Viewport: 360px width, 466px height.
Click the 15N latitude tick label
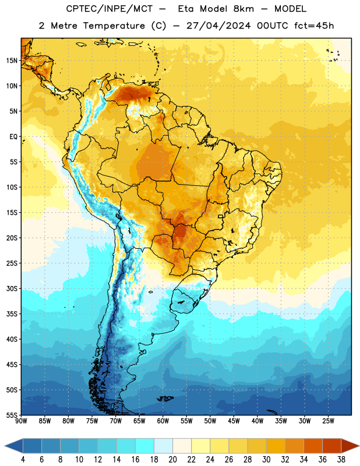click(x=12, y=61)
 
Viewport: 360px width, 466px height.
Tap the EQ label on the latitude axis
click(x=13, y=137)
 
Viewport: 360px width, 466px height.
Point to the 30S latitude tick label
click(x=12, y=288)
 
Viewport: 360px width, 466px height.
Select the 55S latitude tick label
click(x=12, y=415)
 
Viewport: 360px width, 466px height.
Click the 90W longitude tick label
click(x=21, y=421)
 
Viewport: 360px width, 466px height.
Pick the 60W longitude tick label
click(x=163, y=421)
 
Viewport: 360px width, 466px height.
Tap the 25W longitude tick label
click(x=328, y=421)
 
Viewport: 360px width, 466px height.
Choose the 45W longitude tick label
click(x=234, y=421)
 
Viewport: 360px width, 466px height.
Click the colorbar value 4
click(x=23, y=460)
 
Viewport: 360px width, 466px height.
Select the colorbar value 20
click(x=172, y=460)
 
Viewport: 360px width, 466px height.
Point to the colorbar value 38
click(x=341, y=460)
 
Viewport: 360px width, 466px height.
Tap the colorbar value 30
click(x=266, y=460)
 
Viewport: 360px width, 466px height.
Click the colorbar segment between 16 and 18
click(x=145, y=446)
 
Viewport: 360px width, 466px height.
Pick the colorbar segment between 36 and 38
click(x=332, y=446)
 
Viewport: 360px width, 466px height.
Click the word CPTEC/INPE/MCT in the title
click(x=109, y=9)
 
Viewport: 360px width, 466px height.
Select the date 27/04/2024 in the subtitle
click(x=218, y=26)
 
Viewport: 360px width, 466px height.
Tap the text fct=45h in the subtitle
click(x=314, y=26)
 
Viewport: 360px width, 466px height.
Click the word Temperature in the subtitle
click(x=114, y=26)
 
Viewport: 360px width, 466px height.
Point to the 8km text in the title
click(x=243, y=9)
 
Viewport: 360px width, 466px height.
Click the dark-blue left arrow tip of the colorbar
click(x=5, y=446)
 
